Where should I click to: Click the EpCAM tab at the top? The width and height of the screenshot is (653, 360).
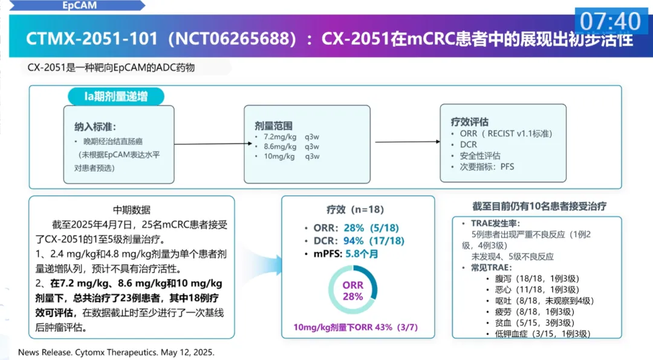point(80,6)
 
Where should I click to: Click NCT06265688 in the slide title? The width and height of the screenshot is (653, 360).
point(232,39)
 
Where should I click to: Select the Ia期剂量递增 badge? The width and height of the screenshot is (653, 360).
point(115,96)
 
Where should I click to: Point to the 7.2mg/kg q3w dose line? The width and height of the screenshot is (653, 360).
point(287,137)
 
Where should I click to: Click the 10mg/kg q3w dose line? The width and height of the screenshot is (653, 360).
point(287,156)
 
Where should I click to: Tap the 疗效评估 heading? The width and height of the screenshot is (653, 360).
point(470,122)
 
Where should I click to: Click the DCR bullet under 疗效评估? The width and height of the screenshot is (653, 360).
point(468,145)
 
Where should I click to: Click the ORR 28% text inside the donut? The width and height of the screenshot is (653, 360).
point(353,290)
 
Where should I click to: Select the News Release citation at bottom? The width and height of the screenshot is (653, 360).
point(117,352)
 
